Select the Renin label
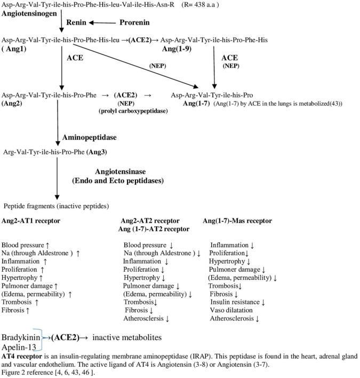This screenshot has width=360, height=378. [76, 22]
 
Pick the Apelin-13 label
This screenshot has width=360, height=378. [18, 347]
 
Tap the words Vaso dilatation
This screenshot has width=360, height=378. [231, 310]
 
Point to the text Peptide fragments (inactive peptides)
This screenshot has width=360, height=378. [56, 206]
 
